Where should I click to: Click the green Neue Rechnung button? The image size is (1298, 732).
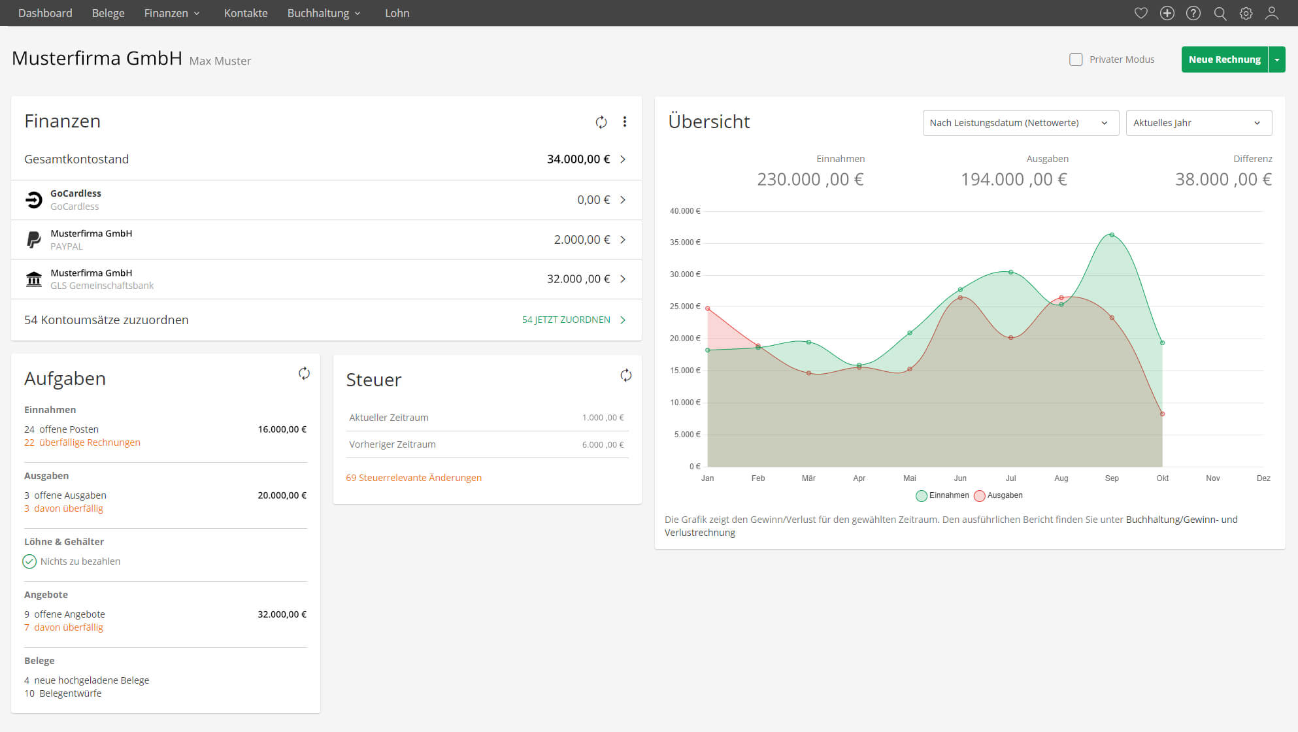point(1224,59)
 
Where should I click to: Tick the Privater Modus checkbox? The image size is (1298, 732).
point(1076,59)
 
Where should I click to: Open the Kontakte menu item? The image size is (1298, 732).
point(246,13)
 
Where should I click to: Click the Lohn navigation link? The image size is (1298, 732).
point(397,13)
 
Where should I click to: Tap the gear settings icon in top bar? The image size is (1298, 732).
point(1246,13)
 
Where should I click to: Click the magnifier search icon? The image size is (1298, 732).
point(1220,13)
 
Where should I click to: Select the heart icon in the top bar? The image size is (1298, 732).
point(1141,13)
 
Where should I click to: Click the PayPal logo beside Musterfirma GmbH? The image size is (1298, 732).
point(33,240)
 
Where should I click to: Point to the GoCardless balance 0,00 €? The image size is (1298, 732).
point(593,200)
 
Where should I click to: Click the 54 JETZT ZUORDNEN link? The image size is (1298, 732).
point(566,320)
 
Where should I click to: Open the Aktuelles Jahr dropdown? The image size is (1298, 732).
point(1198,123)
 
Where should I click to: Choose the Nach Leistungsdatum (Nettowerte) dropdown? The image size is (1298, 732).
point(1020,123)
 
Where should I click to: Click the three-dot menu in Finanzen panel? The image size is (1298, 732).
point(625,122)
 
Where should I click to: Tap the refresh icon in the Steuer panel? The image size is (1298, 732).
point(625,375)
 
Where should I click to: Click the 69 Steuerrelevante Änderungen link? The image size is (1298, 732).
point(414,478)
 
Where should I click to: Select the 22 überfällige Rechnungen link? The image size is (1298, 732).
point(82,442)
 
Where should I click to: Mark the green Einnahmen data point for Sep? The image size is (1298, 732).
point(1112,235)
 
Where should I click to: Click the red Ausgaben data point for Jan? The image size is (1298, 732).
point(708,308)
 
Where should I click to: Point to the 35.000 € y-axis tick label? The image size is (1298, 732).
point(684,242)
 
